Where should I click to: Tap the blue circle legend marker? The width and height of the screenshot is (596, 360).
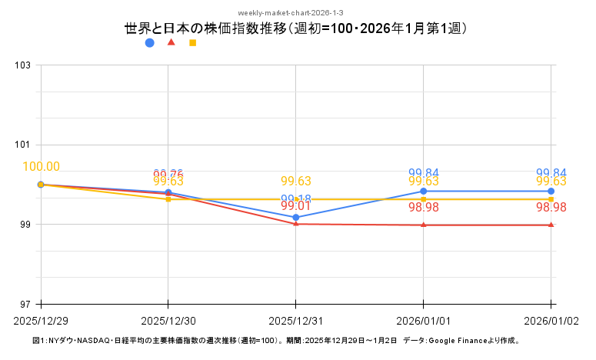coord(150,43)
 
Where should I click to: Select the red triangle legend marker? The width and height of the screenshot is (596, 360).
coord(171,42)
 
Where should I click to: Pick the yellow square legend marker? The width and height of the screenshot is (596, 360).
coord(192,43)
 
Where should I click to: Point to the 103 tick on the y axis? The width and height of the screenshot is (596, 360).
coord(23,65)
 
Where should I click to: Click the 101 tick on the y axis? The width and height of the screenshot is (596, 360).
coord(23,145)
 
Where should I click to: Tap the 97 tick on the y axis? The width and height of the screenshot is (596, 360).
coord(23,304)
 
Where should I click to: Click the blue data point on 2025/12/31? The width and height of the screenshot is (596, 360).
coord(296,218)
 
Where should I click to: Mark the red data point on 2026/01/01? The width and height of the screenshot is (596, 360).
coord(424,225)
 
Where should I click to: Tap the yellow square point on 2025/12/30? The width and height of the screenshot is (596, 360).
coord(168,199)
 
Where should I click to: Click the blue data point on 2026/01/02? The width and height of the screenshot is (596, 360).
coord(551,191)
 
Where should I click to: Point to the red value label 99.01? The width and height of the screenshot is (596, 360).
coord(296,207)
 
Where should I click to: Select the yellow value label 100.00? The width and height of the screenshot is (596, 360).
coord(42,167)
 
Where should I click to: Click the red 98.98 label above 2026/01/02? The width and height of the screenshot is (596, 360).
coord(551,208)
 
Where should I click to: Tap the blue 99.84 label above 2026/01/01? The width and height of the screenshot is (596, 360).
coord(424,173)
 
